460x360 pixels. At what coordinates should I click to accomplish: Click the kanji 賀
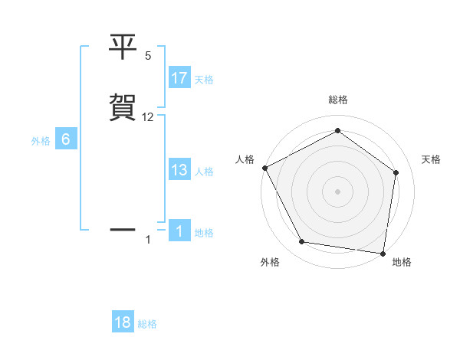[123, 107]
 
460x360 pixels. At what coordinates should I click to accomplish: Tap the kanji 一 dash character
[123, 229]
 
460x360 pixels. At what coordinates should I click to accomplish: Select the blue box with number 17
[179, 78]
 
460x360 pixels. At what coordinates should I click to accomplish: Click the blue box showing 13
[179, 170]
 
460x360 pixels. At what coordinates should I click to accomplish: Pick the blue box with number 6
[66, 139]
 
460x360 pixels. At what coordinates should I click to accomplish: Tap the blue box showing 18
[123, 322]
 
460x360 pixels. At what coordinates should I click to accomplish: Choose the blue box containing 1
[179, 231]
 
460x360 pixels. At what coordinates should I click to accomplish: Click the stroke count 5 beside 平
[148, 56]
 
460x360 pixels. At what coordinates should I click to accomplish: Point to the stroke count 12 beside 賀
[148, 117]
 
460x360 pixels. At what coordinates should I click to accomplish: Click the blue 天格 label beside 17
[204, 80]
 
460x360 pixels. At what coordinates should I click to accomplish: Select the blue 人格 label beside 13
[204, 172]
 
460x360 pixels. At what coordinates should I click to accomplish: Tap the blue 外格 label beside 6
[41, 141]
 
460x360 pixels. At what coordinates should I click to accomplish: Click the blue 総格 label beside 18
[147, 324]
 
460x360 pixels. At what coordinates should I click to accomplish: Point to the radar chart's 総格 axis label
[338, 100]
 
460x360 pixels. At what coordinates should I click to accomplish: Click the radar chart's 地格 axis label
[402, 262]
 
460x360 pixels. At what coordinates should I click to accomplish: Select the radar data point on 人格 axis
[264, 168]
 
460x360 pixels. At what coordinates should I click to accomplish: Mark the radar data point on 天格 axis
[396, 172]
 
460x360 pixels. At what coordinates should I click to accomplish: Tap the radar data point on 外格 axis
[302, 242]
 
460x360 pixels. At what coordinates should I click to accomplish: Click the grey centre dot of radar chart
[338, 191]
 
